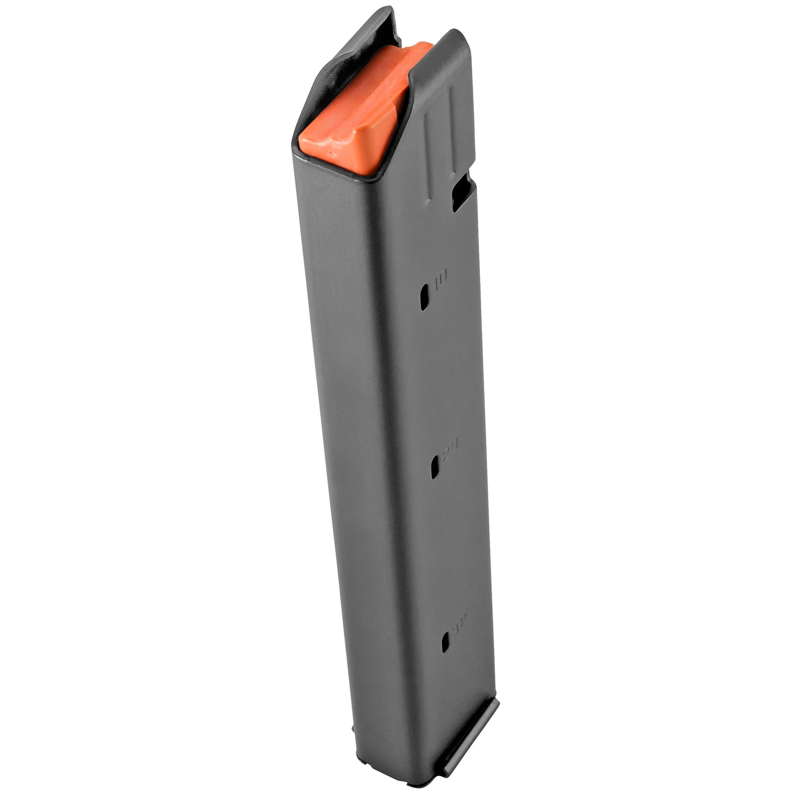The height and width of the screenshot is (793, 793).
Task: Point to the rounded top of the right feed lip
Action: click(453, 37)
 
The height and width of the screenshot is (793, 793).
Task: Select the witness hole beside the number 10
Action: click(425, 297)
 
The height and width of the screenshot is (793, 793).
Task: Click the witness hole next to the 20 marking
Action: click(435, 466)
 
